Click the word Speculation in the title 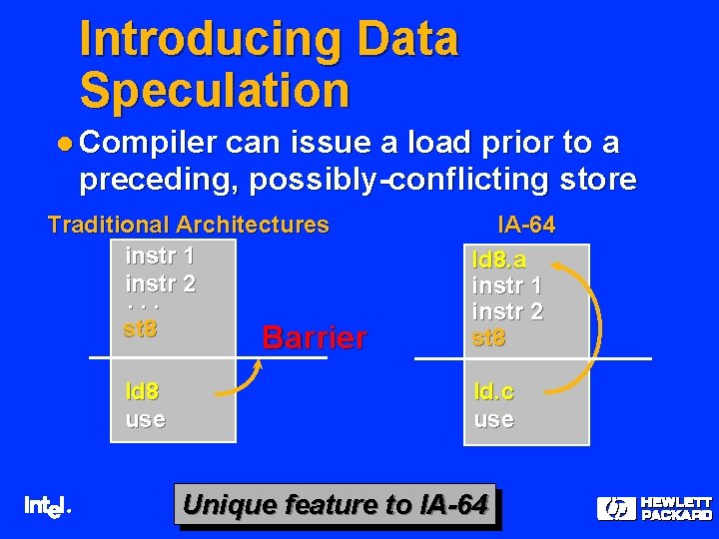(x=215, y=90)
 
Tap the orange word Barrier (x=314, y=337)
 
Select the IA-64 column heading (x=526, y=225)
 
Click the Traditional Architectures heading (x=189, y=225)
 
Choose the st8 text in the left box (x=140, y=327)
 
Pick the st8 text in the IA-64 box (x=488, y=337)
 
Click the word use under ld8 (x=145, y=418)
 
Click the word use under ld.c (x=493, y=418)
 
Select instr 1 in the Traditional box (x=160, y=257)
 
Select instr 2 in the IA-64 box (x=507, y=311)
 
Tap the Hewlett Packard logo (x=654, y=508)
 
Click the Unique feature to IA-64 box (x=336, y=505)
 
